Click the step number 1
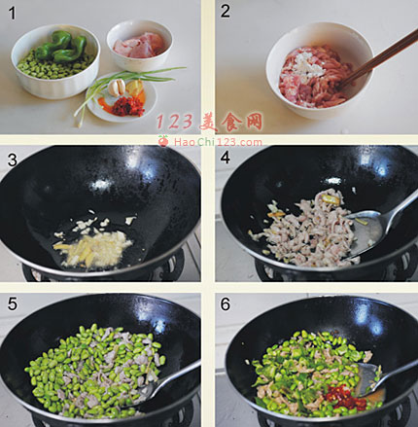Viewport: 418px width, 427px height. (x=13, y=13)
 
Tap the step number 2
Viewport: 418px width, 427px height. (x=225, y=12)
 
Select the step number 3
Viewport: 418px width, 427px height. (x=13, y=160)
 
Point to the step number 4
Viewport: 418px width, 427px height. (x=225, y=158)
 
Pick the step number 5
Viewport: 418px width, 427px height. (x=13, y=304)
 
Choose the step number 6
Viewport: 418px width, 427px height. (x=225, y=304)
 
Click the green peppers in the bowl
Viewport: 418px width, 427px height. (x=61, y=47)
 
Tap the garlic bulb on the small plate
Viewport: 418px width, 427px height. (x=117, y=88)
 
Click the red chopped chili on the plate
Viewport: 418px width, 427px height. (x=127, y=106)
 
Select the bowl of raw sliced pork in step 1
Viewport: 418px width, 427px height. (x=139, y=45)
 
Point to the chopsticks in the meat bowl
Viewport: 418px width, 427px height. (x=377, y=60)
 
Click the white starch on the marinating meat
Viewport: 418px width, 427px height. (x=308, y=63)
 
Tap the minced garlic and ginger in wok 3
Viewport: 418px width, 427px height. (x=94, y=244)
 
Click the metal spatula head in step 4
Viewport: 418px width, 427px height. (x=366, y=231)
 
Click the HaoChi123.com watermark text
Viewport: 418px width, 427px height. (x=218, y=142)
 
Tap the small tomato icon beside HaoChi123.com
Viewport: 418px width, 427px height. (x=163, y=141)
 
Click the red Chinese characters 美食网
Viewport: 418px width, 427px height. (x=230, y=122)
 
